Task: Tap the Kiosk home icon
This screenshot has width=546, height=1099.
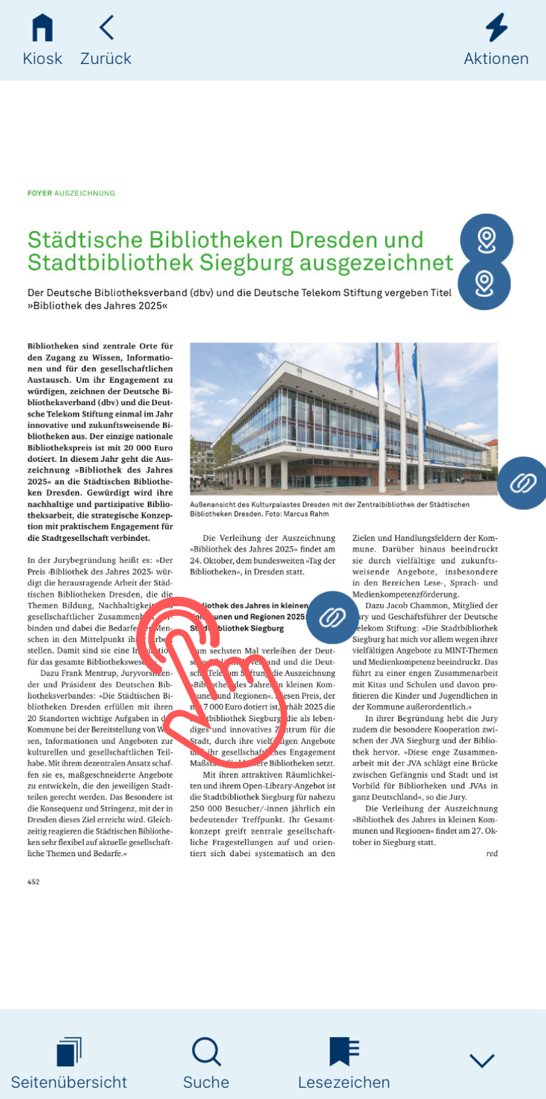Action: point(42,29)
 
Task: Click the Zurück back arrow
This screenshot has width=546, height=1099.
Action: point(106,28)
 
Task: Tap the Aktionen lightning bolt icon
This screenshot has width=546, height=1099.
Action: point(497,28)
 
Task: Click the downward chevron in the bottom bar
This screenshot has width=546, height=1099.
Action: point(482,1060)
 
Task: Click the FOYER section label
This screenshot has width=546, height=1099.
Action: point(40,193)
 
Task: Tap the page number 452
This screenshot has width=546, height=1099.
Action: point(34,882)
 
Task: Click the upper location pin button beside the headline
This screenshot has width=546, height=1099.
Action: point(487,239)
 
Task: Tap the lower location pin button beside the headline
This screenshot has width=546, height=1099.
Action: point(485,284)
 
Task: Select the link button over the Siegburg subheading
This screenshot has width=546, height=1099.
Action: point(332,617)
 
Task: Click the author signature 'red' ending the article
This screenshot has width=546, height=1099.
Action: point(492,854)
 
